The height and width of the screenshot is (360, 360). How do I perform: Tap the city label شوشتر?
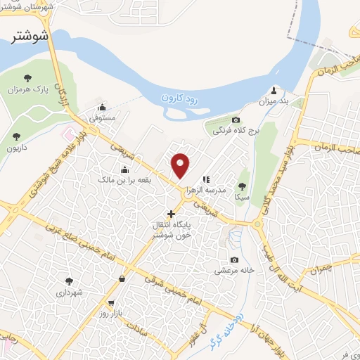[x=30, y=37]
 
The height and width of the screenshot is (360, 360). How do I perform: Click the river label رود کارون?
[x=180, y=97]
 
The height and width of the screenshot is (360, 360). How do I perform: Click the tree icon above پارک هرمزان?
[x=28, y=78]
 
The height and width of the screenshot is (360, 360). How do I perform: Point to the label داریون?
[x=17, y=148]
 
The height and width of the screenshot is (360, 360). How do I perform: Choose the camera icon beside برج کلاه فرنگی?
[x=236, y=120]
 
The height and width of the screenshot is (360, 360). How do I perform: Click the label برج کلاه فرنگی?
[x=233, y=131]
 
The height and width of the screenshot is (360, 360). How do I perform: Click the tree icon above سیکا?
[x=242, y=186]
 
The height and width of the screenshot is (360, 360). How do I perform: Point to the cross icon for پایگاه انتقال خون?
[x=171, y=212]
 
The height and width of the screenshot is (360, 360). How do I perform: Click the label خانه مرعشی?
[x=233, y=270]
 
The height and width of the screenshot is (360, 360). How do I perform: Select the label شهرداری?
[x=70, y=291]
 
